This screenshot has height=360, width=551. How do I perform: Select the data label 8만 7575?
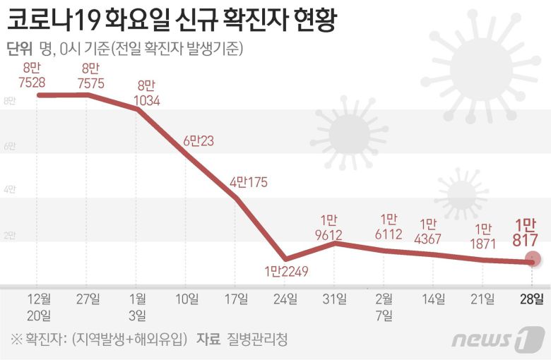click(92, 76)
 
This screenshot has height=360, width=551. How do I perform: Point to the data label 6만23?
click(199, 141)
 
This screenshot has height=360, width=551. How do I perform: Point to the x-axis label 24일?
click(285, 299)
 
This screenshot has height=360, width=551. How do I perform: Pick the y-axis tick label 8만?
click(9, 101)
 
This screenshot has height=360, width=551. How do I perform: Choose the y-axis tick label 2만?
click(9, 235)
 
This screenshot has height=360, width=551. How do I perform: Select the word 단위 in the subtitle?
click(19, 49)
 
